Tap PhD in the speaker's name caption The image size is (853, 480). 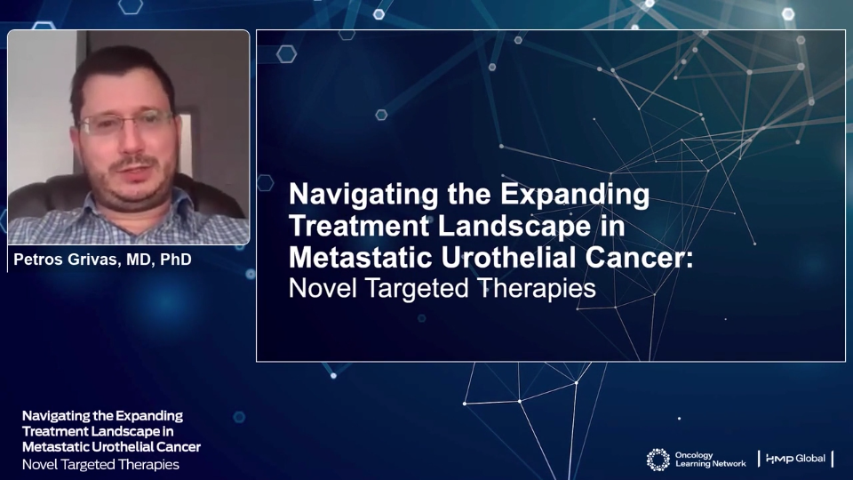[176, 260]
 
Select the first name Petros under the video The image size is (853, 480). [38, 260]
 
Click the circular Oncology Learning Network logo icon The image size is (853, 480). [658, 460]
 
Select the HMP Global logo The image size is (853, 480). [795, 459]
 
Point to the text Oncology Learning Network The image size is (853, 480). [711, 460]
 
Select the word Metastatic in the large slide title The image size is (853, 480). [361, 258]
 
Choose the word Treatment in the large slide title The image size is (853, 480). [359, 225]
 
